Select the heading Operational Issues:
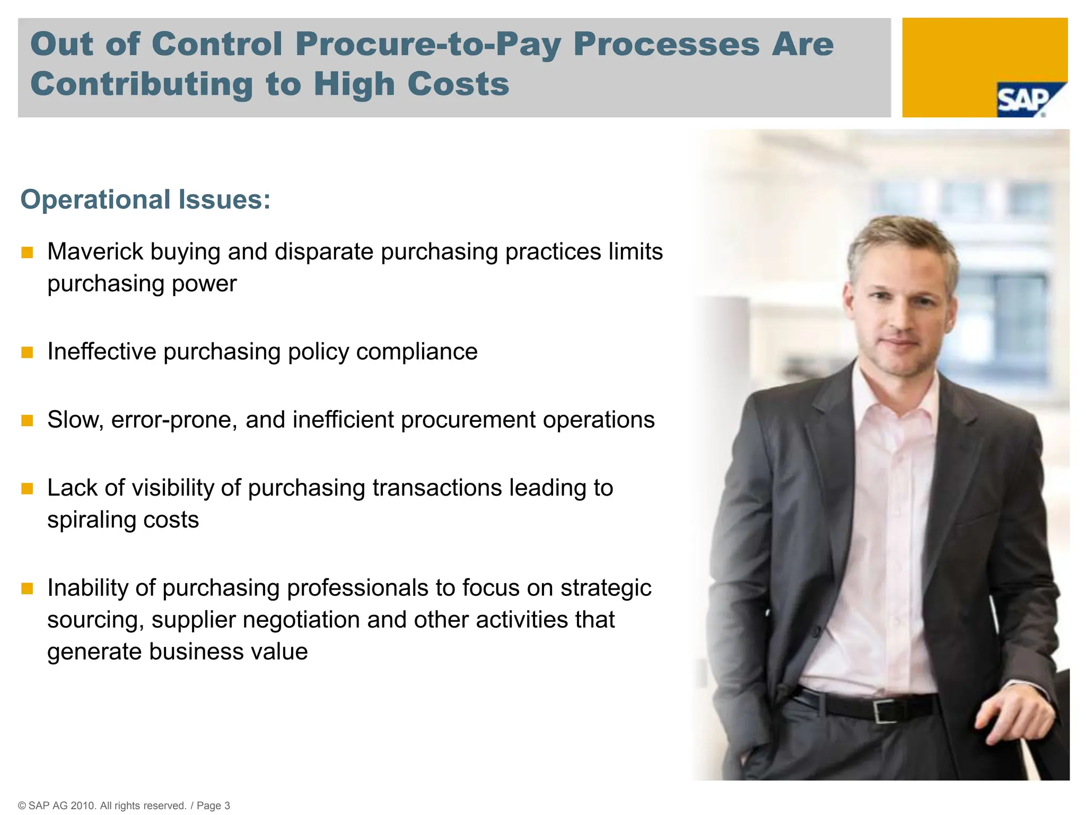(145, 200)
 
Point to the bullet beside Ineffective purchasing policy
(27, 352)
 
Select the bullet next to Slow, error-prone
(27, 420)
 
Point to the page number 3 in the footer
(227, 805)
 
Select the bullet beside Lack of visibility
(27, 488)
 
